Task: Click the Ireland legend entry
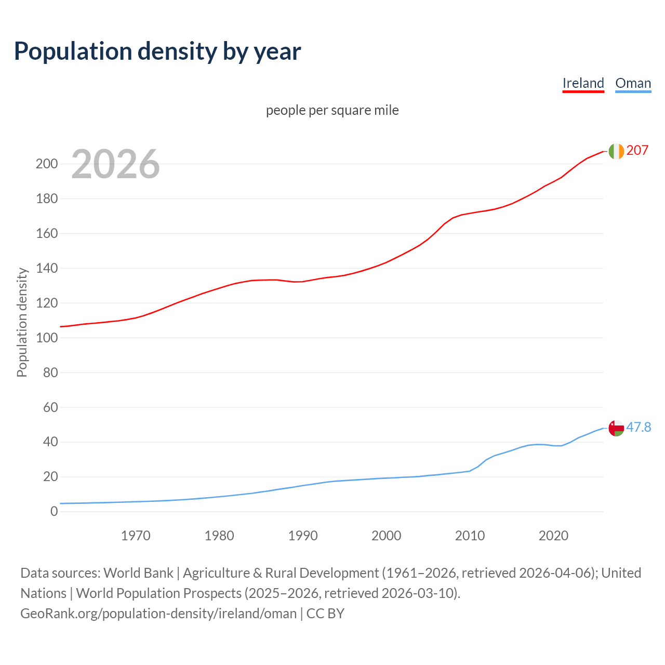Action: pyautogui.click(x=583, y=83)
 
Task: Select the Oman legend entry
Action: pyautogui.click(x=633, y=83)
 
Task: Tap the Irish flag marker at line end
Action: pyautogui.click(x=616, y=151)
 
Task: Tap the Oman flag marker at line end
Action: pyautogui.click(x=616, y=428)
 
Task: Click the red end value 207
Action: pyautogui.click(x=637, y=151)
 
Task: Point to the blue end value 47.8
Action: pyautogui.click(x=639, y=428)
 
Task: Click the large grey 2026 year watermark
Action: pyautogui.click(x=115, y=164)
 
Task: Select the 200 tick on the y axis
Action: pyautogui.click(x=47, y=164)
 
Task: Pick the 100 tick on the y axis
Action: pyautogui.click(x=47, y=338)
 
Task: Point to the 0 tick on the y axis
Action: pyautogui.click(x=54, y=512)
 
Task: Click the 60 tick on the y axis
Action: pyautogui.click(x=50, y=407)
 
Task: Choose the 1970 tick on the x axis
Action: pyautogui.click(x=136, y=536)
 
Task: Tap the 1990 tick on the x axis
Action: pyautogui.click(x=303, y=536)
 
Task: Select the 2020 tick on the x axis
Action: pyautogui.click(x=553, y=536)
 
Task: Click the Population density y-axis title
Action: pyautogui.click(x=22, y=322)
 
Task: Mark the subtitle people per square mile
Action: pyautogui.click(x=332, y=111)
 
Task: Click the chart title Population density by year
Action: pyautogui.click(x=157, y=51)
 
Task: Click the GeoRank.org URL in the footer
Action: pyautogui.click(x=158, y=614)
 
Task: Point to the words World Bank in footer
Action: pyautogui.click(x=138, y=573)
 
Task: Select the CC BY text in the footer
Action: pyautogui.click(x=325, y=614)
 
